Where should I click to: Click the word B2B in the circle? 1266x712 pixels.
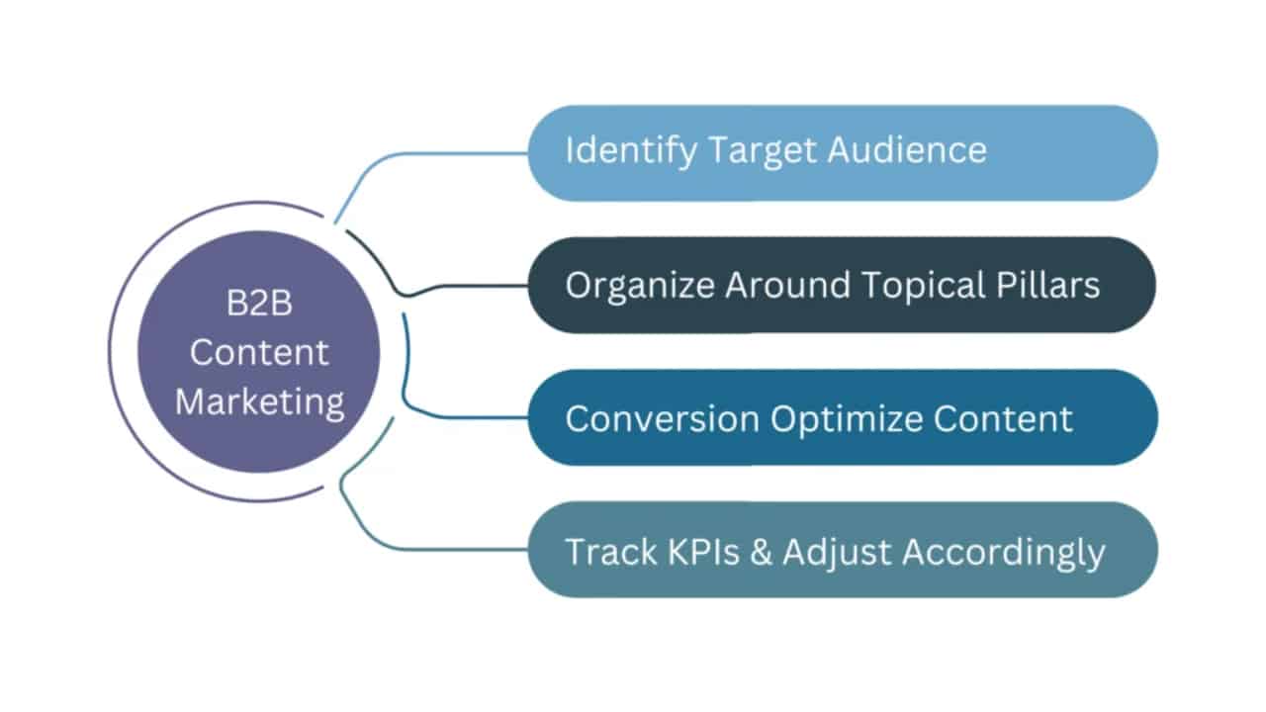258,304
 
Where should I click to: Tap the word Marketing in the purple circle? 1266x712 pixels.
258,401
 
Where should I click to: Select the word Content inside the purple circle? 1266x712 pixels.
258,352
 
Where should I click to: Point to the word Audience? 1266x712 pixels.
907,150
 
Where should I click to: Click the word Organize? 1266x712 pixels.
640,285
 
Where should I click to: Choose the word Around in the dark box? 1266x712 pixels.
787,285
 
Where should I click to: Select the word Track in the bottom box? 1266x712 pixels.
604,552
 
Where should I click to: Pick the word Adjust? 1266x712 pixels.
837,552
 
